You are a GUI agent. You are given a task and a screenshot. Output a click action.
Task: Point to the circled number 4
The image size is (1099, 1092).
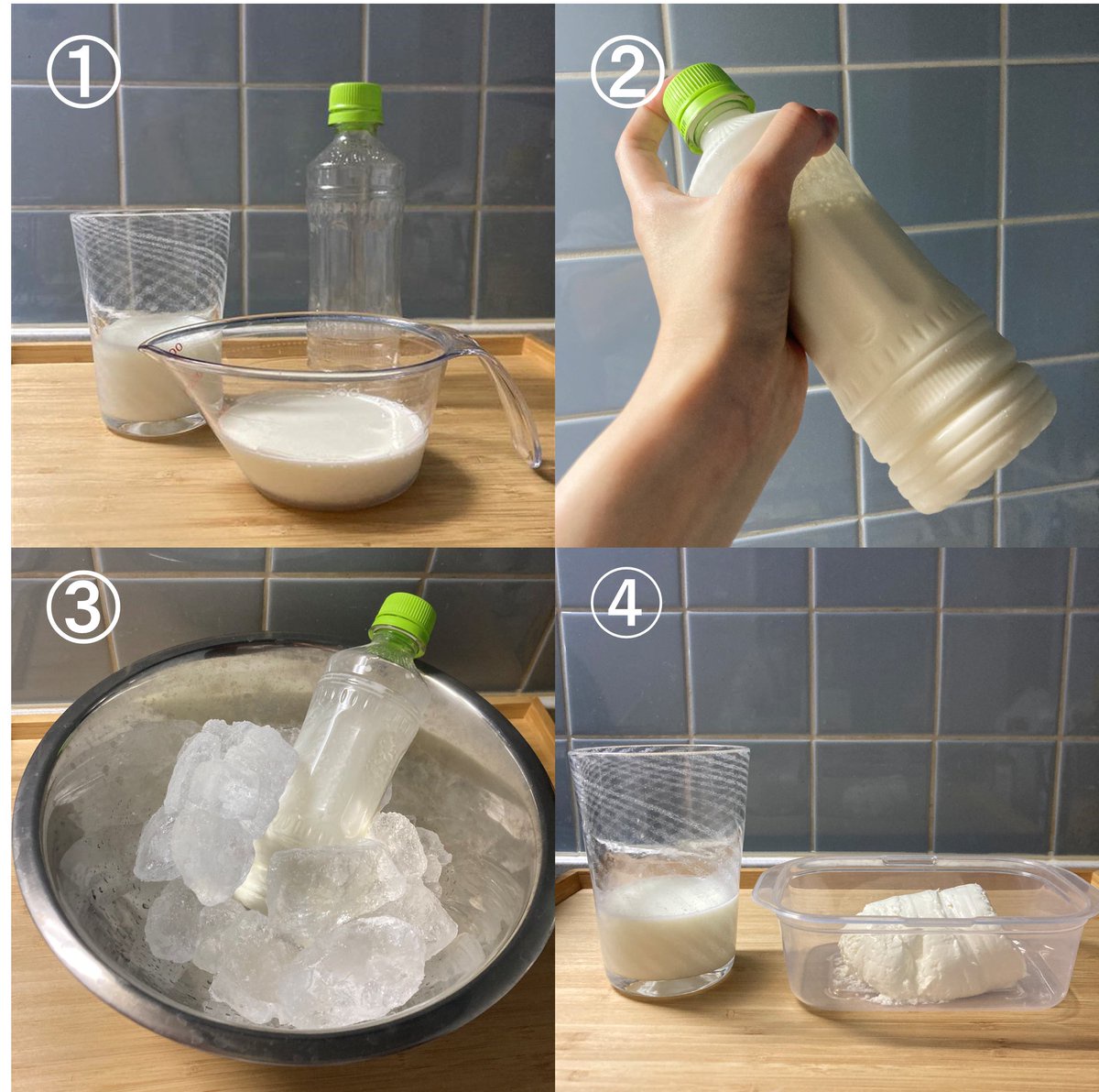click(626, 606)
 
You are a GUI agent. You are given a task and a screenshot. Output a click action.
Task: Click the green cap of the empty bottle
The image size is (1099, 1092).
click(354, 104)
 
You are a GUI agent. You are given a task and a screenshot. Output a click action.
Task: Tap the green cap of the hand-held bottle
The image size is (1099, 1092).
click(707, 105)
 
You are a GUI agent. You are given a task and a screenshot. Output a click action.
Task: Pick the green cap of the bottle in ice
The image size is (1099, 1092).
click(405, 624)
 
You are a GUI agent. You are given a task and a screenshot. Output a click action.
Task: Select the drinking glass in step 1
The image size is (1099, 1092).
click(149, 322)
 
